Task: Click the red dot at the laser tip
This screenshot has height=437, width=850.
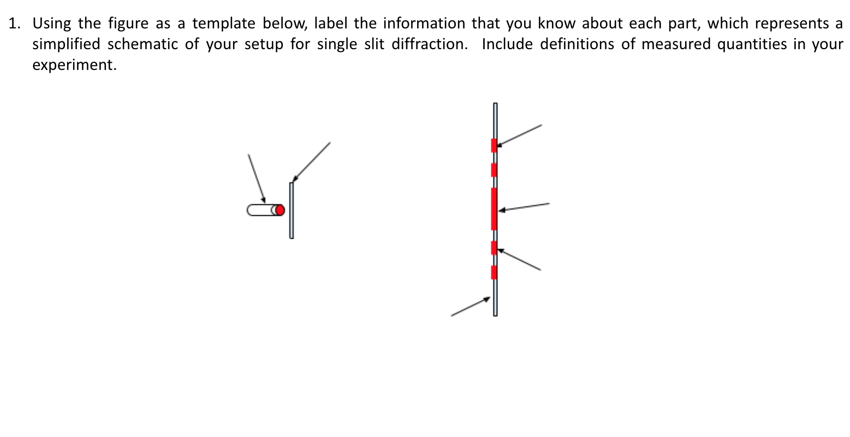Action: [x=280, y=210]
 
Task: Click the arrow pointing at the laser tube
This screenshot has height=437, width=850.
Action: [x=257, y=178]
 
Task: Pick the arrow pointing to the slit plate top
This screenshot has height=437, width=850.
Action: [x=312, y=162]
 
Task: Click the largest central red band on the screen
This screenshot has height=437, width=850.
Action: [x=494, y=208]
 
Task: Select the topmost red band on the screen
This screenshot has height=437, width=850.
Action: [x=494, y=145]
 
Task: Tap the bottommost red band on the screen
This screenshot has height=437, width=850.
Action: [x=494, y=272]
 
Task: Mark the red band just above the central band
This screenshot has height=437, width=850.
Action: [x=494, y=170]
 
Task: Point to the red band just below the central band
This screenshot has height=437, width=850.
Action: [x=494, y=247]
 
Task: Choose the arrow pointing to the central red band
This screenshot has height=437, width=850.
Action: [x=524, y=206]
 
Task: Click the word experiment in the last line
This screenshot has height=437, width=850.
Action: [x=74, y=65]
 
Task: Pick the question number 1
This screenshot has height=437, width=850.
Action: [x=14, y=23]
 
